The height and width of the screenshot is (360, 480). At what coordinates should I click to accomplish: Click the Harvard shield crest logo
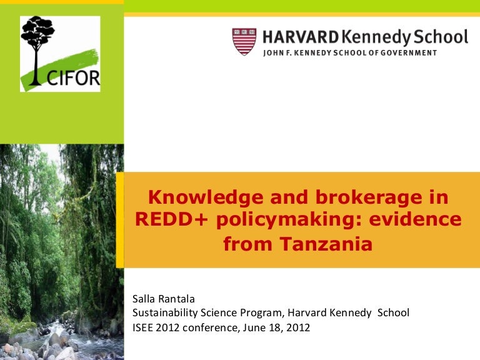pyautogui.click(x=244, y=41)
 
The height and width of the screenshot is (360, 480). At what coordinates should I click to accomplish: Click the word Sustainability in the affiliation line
pyautogui.click(x=165, y=312)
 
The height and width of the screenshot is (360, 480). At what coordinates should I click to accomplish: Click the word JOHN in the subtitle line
pyautogui.click(x=273, y=52)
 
